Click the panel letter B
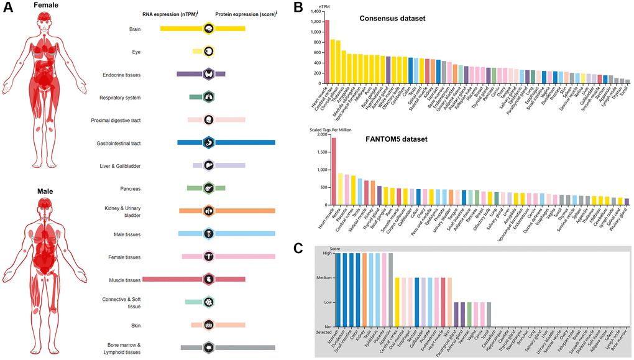click(x=298, y=7)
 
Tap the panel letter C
click(x=298, y=248)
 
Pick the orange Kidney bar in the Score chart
click(x=365, y=290)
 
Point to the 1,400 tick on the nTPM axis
click(x=314, y=12)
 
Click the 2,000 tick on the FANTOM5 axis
click(x=318, y=134)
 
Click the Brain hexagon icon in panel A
click(x=209, y=29)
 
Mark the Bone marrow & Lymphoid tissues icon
click(x=209, y=348)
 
